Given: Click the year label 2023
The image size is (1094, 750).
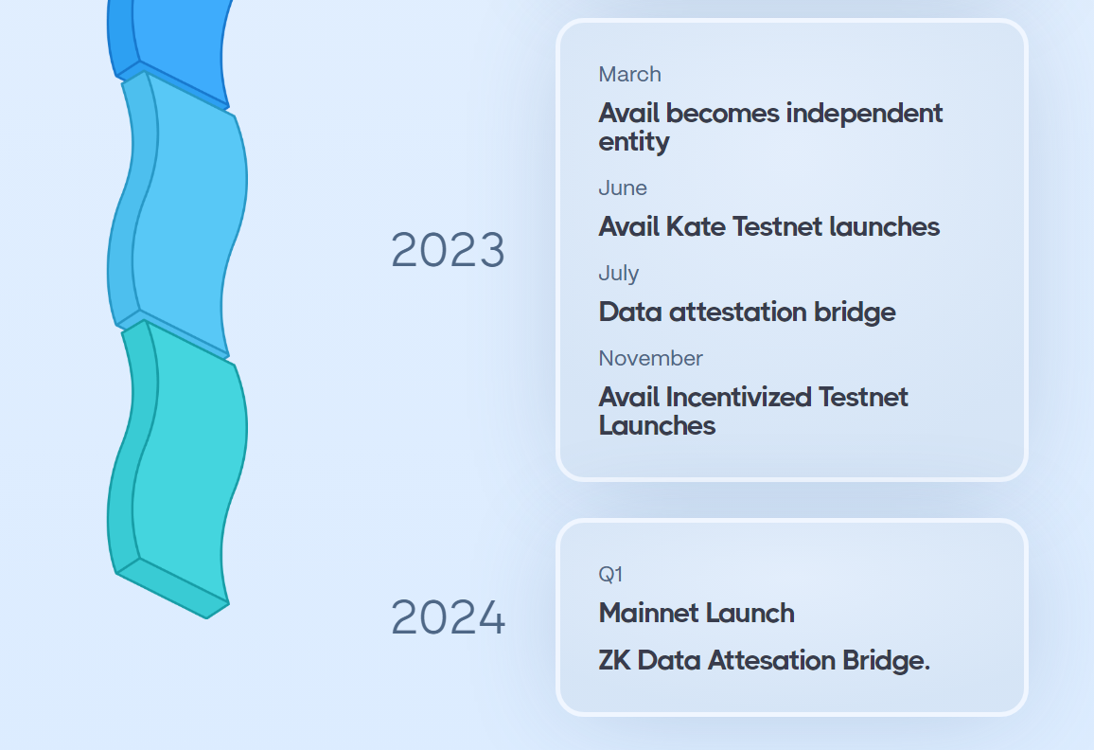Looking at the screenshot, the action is point(448,249).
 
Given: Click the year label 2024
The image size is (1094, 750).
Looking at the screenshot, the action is point(448,617).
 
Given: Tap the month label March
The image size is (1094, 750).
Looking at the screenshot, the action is point(629,74).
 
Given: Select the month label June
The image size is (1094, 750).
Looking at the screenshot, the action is point(623,187).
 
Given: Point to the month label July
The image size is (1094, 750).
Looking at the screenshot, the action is point(618,273).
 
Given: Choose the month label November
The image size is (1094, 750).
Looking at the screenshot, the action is point(650,358).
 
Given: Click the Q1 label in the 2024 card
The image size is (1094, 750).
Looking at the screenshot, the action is point(610,574).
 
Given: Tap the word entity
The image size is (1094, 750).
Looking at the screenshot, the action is point(633,142).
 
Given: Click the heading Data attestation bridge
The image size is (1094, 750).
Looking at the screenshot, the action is point(748,312).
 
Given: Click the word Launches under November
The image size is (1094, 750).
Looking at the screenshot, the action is point(657,426).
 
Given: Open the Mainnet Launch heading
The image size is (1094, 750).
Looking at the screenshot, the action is point(697,613).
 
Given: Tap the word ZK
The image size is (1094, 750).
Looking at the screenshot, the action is point(615,661).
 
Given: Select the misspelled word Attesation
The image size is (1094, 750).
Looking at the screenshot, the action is point(771,661).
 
